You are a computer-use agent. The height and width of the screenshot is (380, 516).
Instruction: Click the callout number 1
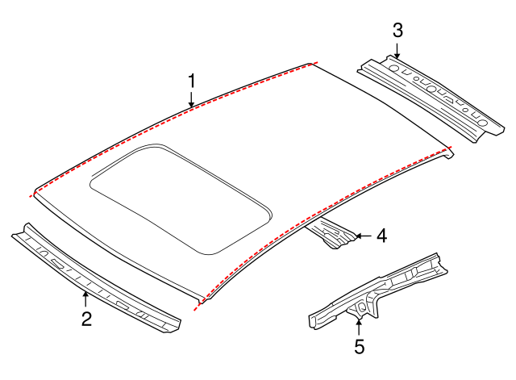[x=192, y=81]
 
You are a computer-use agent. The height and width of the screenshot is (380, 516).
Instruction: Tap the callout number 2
[x=86, y=319]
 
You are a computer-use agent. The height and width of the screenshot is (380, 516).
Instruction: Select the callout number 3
[x=397, y=31]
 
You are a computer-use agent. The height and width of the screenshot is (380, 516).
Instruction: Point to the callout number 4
[x=381, y=236]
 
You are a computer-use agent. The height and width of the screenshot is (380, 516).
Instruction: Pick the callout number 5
[x=359, y=347]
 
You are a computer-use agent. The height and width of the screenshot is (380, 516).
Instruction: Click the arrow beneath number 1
[x=192, y=100]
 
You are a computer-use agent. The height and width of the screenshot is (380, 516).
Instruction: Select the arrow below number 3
[x=397, y=50]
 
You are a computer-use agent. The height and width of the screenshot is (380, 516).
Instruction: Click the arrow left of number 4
[x=363, y=236]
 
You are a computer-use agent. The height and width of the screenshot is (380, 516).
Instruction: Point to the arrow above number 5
[x=359, y=328]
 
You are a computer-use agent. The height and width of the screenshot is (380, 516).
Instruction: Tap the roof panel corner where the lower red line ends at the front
[x=198, y=303]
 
